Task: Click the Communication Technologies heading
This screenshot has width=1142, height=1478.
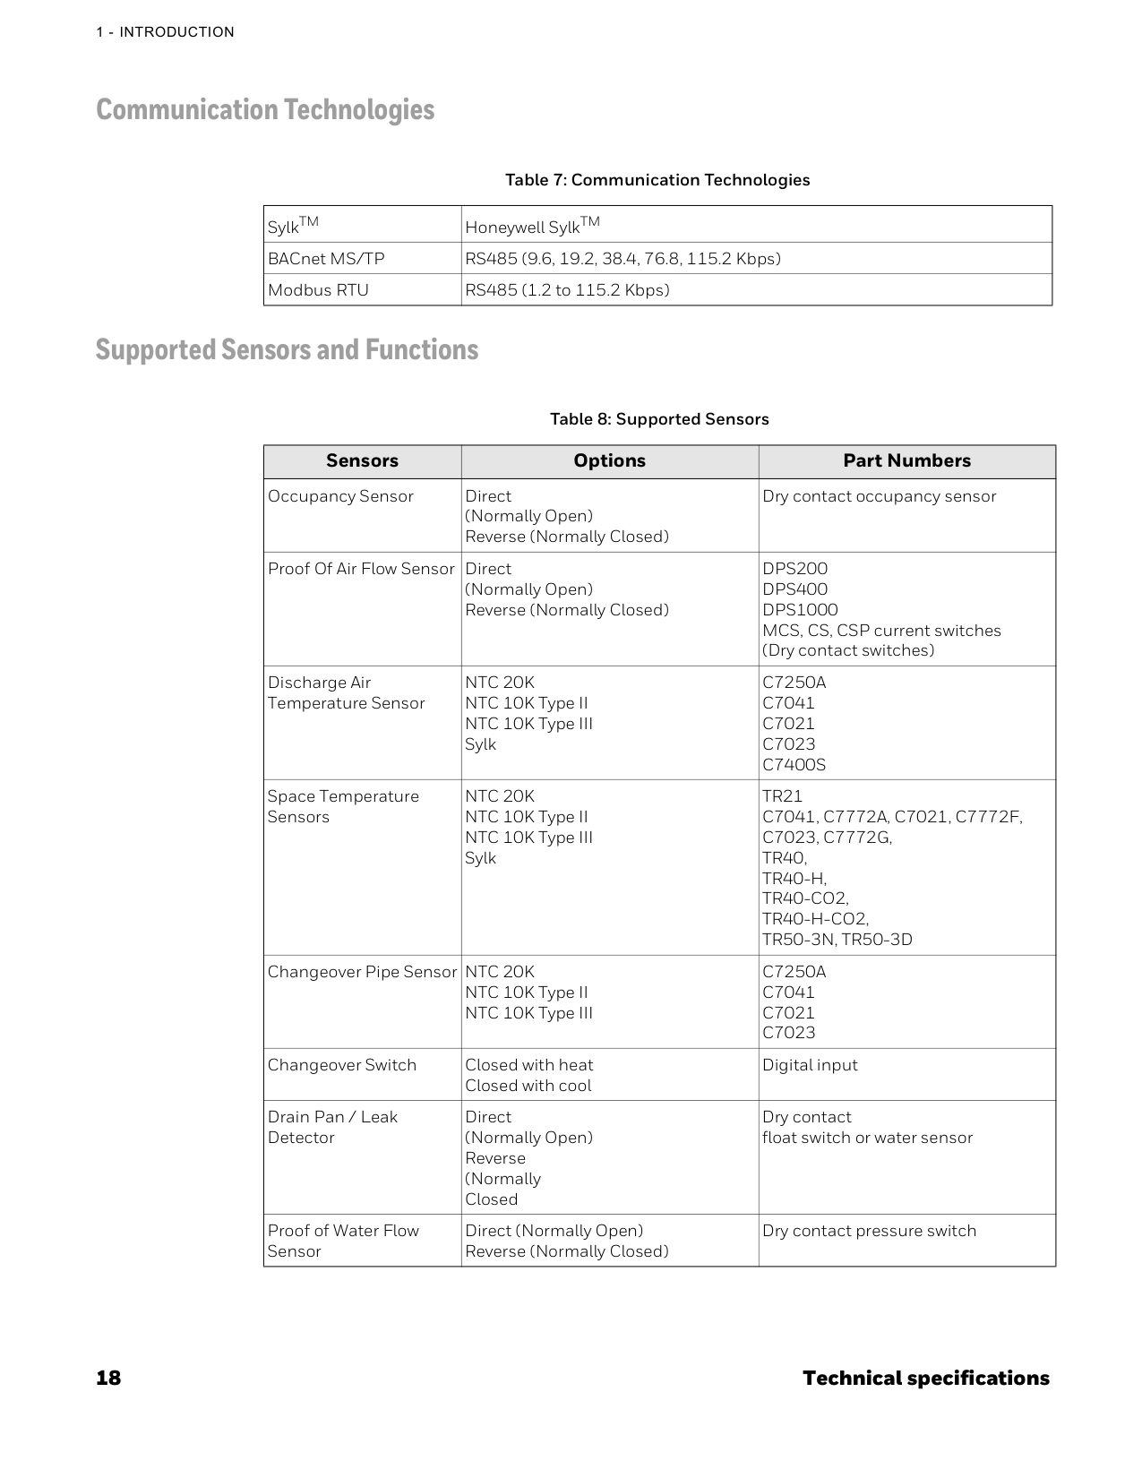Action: click(x=265, y=110)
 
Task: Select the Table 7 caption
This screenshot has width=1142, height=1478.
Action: click(x=657, y=180)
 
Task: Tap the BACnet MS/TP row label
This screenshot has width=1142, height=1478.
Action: click(x=326, y=259)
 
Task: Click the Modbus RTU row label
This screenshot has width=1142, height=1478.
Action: click(x=318, y=290)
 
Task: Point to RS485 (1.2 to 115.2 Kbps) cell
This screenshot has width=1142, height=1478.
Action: click(x=567, y=290)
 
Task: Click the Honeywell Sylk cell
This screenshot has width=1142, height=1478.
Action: click(x=532, y=227)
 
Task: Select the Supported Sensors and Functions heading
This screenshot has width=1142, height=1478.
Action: click(x=287, y=349)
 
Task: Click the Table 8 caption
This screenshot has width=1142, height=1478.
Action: click(x=659, y=419)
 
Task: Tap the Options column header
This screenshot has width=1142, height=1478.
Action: click(x=609, y=461)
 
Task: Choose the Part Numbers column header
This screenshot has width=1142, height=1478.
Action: click(x=906, y=461)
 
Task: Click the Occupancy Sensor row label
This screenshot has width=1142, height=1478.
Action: click(x=340, y=496)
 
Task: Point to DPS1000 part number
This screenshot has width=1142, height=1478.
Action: click(x=800, y=610)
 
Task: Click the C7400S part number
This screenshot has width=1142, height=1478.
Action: click(x=794, y=765)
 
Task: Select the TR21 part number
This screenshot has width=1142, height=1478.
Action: click(x=782, y=796)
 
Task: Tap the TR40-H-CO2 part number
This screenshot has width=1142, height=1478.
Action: click(x=815, y=919)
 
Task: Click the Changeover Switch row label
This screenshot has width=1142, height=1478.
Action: click(x=342, y=1065)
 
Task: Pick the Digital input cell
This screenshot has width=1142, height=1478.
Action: click(x=810, y=1065)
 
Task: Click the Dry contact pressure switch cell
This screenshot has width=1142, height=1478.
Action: click(x=869, y=1231)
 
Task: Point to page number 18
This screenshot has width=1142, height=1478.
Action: click(x=108, y=1378)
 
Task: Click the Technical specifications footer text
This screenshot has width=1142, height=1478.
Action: click(x=925, y=1378)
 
